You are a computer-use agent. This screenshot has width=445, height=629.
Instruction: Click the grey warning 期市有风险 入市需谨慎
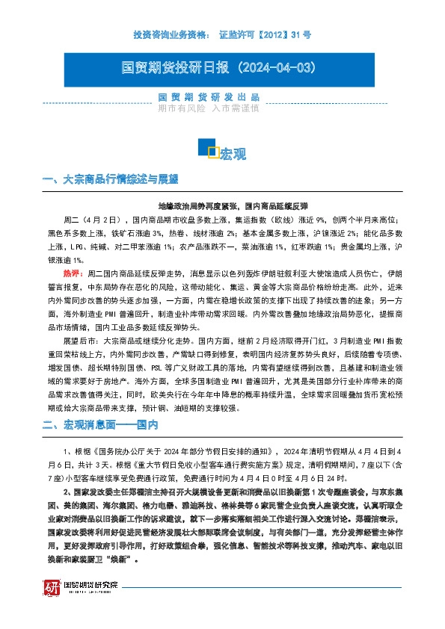point(208,108)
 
